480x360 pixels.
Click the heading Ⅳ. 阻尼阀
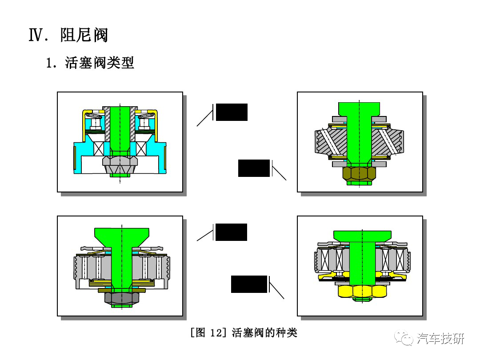pos(68,35)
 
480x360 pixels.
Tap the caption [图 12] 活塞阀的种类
pos(243,332)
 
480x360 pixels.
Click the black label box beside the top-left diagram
pos(231,112)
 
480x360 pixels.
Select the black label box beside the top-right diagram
pos(254,168)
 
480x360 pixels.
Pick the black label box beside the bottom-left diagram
pos(231,232)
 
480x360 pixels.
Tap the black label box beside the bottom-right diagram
pos(249,284)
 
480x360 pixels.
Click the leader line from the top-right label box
pos(279,173)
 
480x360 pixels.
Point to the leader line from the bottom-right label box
pos(277,291)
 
